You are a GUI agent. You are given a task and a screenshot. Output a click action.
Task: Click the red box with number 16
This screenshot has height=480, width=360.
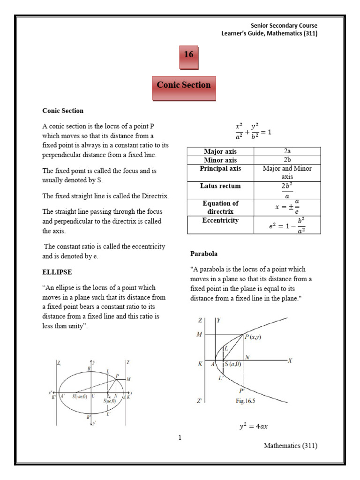[x=188, y=55]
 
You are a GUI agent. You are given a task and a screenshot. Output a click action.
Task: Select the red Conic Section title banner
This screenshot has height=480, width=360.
[x=184, y=85]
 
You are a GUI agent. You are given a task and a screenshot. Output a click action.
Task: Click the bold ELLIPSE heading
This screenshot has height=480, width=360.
[x=57, y=272]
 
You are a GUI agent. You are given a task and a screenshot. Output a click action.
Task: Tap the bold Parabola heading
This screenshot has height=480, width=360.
[x=203, y=254]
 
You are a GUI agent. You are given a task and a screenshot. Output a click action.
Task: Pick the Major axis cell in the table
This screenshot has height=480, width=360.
[x=220, y=151]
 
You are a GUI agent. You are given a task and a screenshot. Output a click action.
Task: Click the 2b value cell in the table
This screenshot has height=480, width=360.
[x=287, y=160]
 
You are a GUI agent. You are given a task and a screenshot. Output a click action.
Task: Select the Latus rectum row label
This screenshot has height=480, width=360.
[x=220, y=186]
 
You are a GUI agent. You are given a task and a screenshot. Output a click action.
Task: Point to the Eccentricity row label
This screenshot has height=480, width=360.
[x=220, y=220]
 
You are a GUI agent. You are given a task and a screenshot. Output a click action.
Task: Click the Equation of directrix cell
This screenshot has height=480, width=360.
[x=220, y=207]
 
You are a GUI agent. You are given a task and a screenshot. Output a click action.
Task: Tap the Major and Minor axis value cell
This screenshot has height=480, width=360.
[x=287, y=173]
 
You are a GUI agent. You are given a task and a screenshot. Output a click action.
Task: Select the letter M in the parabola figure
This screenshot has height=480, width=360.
[x=200, y=334]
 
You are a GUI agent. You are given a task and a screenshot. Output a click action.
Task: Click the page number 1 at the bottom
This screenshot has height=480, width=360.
[x=180, y=438]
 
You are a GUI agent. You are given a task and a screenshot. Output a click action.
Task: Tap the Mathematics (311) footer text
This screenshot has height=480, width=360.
[x=290, y=446]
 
